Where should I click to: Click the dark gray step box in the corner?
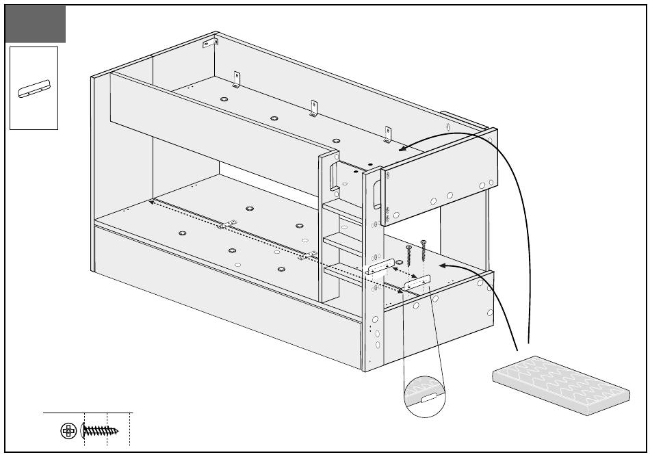pyautogui.click(x=36, y=23)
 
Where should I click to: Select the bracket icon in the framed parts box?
pyautogui.click(x=34, y=89)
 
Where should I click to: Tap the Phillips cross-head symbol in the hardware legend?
pyautogui.click(x=68, y=431)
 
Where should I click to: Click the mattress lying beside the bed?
pyautogui.click(x=560, y=384)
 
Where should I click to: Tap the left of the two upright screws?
pyautogui.click(x=408, y=256)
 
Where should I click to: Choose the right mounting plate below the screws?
pyautogui.click(x=416, y=283)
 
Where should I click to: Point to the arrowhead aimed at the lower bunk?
pyautogui.click(x=442, y=264)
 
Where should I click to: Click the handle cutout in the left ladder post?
pyautogui.click(x=333, y=176)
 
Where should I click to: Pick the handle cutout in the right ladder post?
pyautogui.click(x=377, y=195)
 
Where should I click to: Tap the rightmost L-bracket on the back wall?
pyautogui.click(x=387, y=134)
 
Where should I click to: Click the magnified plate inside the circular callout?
pyautogui.click(x=424, y=396)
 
